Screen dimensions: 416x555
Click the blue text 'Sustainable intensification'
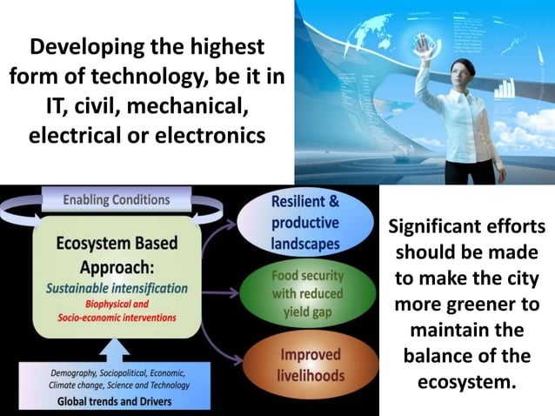tap(117, 287)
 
